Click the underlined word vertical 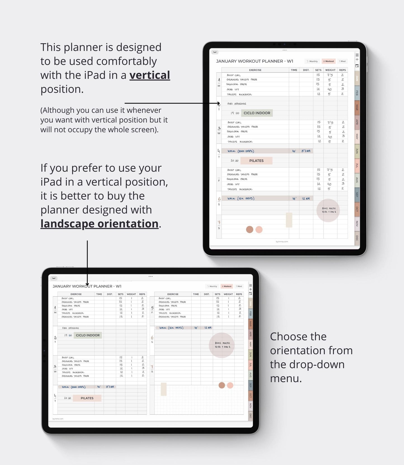tap(150, 75)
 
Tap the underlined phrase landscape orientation tap(99, 224)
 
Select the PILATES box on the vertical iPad tap(256, 161)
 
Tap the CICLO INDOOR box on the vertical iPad tap(257, 113)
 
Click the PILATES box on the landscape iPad tap(87, 398)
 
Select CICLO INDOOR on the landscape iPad tap(88, 335)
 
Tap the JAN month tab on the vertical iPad tap(357, 78)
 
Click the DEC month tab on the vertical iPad tap(357, 238)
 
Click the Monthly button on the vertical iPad tap(312, 61)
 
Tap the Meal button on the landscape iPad tap(239, 286)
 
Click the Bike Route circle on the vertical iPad tap(328, 210)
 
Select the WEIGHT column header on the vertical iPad tap(330, 70)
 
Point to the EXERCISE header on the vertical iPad tap(255, 70)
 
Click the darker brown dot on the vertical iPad tap(250, 230)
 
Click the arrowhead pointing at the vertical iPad tap(219, 103)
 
